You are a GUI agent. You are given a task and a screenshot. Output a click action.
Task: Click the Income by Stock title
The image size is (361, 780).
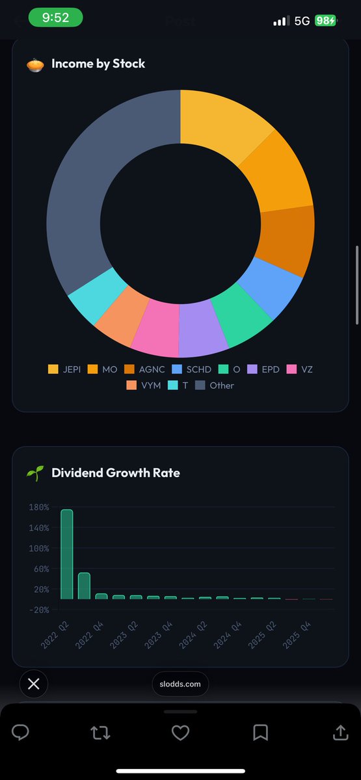(x=98, y=64)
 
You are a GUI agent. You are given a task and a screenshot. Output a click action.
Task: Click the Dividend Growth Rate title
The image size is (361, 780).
(x=115, y=473)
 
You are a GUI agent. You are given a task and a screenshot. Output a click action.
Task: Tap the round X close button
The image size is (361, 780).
(x=34, y=684)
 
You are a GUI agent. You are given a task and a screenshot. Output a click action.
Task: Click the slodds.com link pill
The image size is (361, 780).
(x=180, y=684)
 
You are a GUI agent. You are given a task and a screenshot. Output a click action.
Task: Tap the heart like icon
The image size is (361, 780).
(x=180, y=733)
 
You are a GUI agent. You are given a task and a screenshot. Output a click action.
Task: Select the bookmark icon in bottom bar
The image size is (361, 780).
(x=260, y=733)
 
